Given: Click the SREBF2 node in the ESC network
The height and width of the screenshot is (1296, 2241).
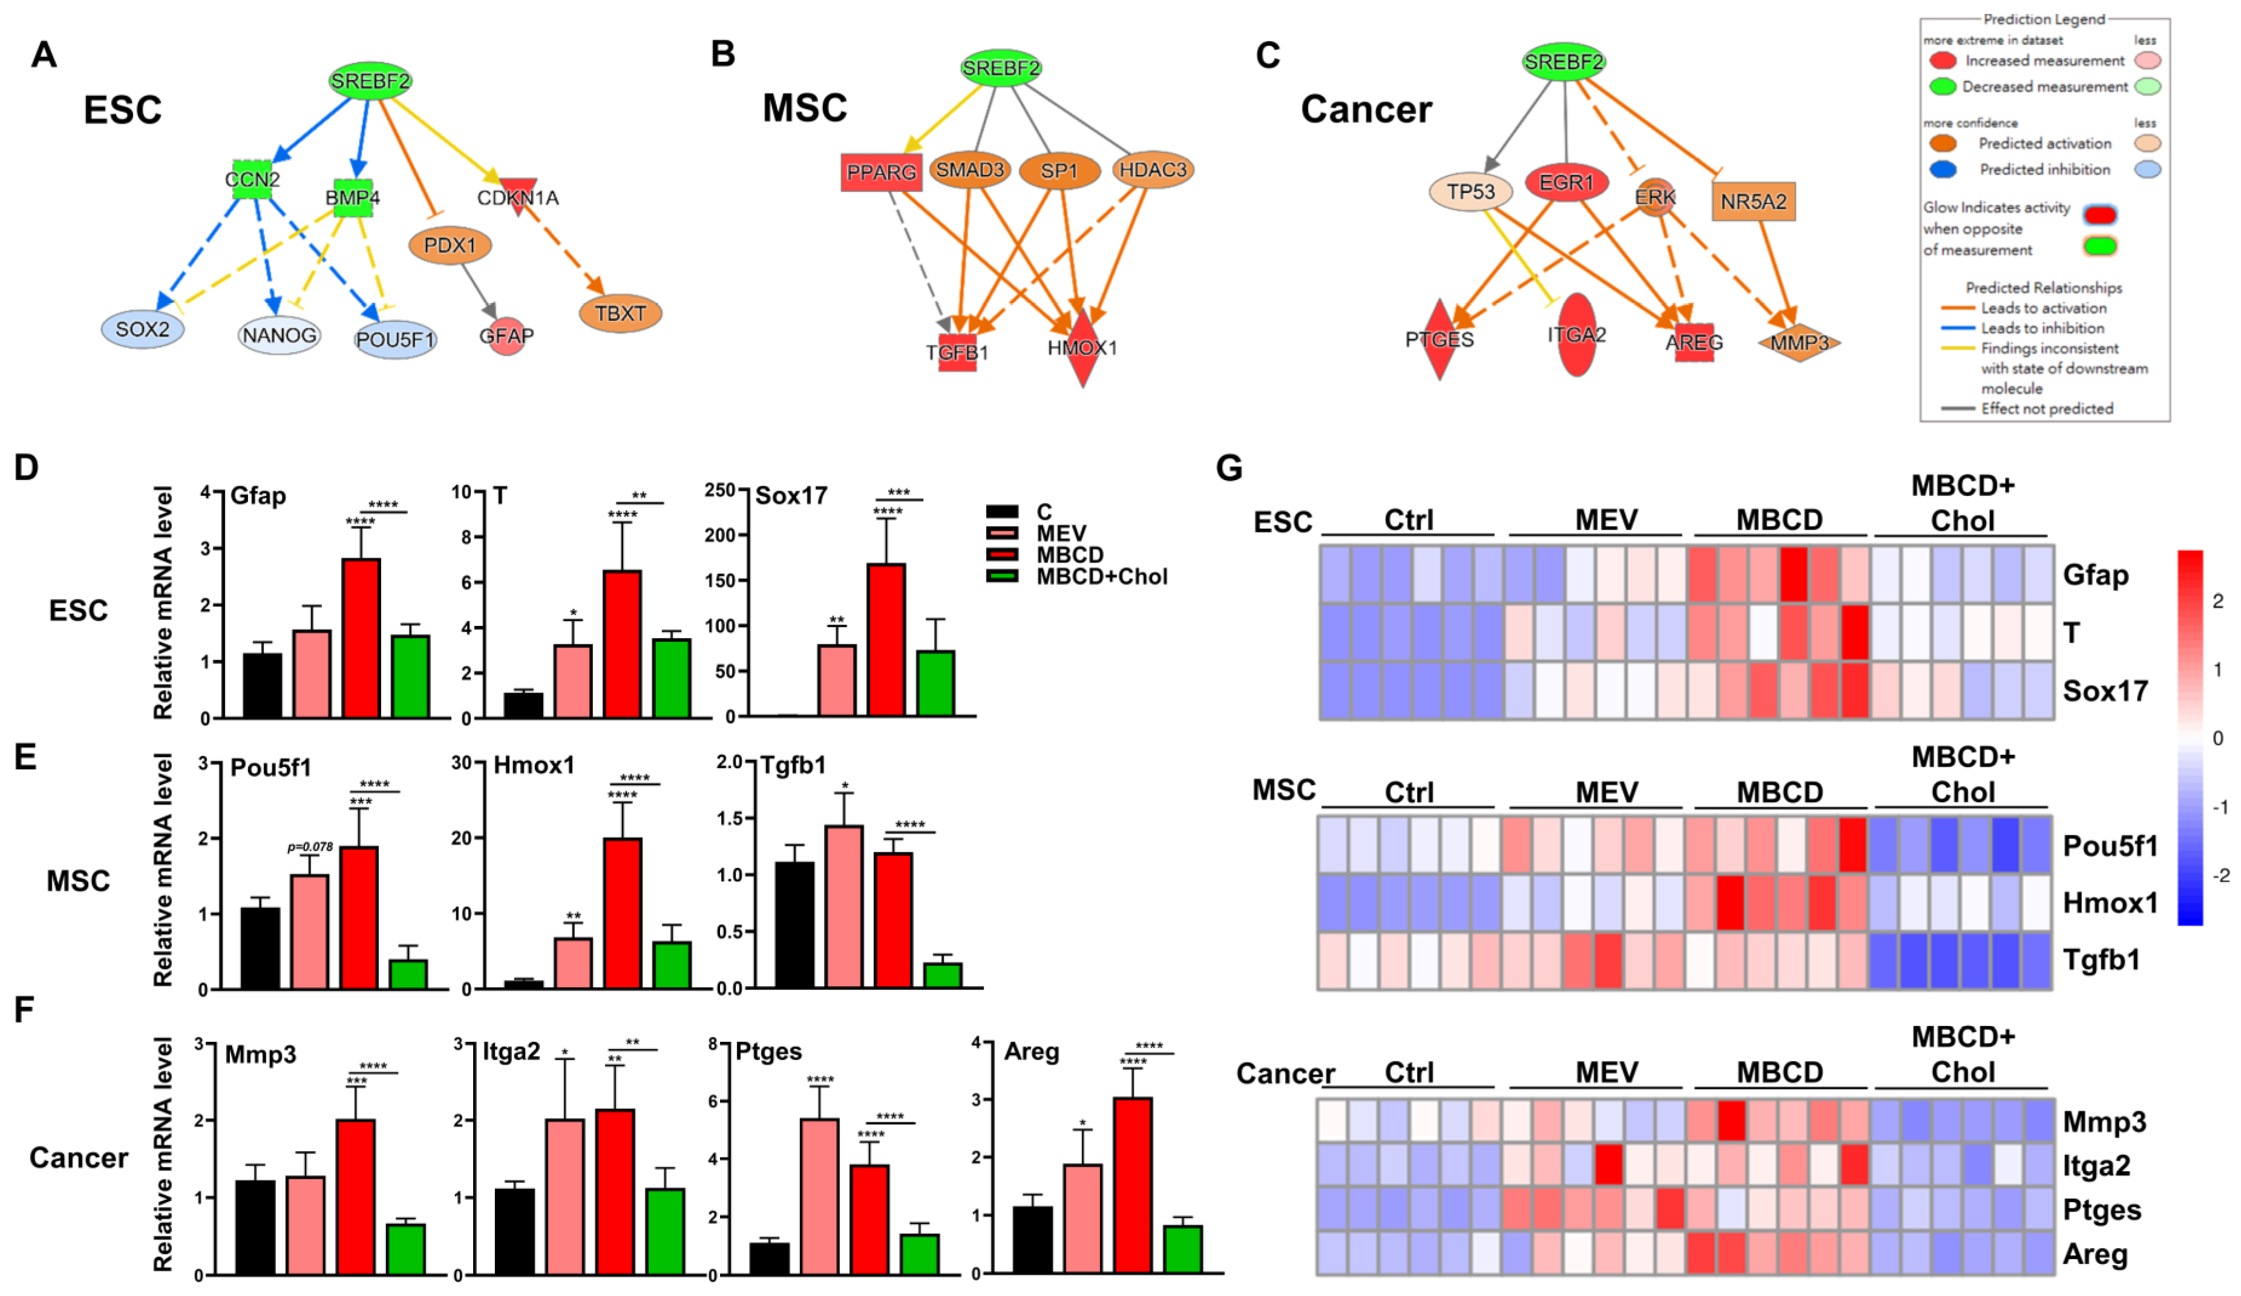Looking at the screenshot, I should pos(370,82).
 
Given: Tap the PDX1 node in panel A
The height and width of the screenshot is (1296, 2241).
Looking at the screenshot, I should pos(450,246).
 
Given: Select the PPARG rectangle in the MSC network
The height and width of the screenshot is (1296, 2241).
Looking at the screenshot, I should pos(880,173).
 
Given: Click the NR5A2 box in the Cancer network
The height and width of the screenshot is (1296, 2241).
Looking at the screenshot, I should pos(1753,202).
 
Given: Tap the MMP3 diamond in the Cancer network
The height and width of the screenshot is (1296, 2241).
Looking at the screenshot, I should pos(1798,343).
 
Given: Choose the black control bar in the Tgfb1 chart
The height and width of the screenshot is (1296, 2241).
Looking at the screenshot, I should pos(794,924).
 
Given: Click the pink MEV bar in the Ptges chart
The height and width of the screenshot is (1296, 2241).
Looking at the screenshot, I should pos(819,1196).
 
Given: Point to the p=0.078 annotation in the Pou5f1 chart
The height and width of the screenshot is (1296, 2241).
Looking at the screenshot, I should pos(310,847).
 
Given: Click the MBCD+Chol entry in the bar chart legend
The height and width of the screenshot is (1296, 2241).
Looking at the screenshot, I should pos(1101,576).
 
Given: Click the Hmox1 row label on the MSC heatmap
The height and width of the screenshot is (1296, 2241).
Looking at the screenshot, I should pos(2109,903).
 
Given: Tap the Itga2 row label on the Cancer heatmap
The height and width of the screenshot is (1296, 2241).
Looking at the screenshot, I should pos(2096,1165).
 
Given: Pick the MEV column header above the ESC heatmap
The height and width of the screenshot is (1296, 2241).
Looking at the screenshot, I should pos(1606,519).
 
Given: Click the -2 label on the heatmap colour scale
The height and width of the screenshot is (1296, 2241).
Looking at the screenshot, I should pos(2220,875).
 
